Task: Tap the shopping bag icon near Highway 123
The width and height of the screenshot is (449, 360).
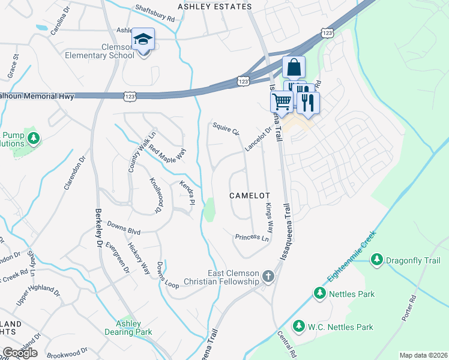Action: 294,68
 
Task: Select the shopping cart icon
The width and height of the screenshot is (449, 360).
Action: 282,104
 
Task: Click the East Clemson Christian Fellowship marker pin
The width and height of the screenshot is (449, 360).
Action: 268,277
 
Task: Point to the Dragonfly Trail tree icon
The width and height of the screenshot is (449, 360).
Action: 376,260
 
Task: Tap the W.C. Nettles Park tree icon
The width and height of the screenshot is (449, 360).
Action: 298,326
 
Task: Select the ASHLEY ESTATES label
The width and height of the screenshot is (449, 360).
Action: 207,6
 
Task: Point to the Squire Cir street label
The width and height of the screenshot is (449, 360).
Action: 226,129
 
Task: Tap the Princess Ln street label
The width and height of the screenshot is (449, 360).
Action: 252,237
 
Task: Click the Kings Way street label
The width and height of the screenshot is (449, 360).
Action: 270,218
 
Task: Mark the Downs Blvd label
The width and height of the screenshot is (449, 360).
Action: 124,228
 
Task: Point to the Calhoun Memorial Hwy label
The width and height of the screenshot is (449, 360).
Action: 37,96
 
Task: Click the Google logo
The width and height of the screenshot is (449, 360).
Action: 20,352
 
